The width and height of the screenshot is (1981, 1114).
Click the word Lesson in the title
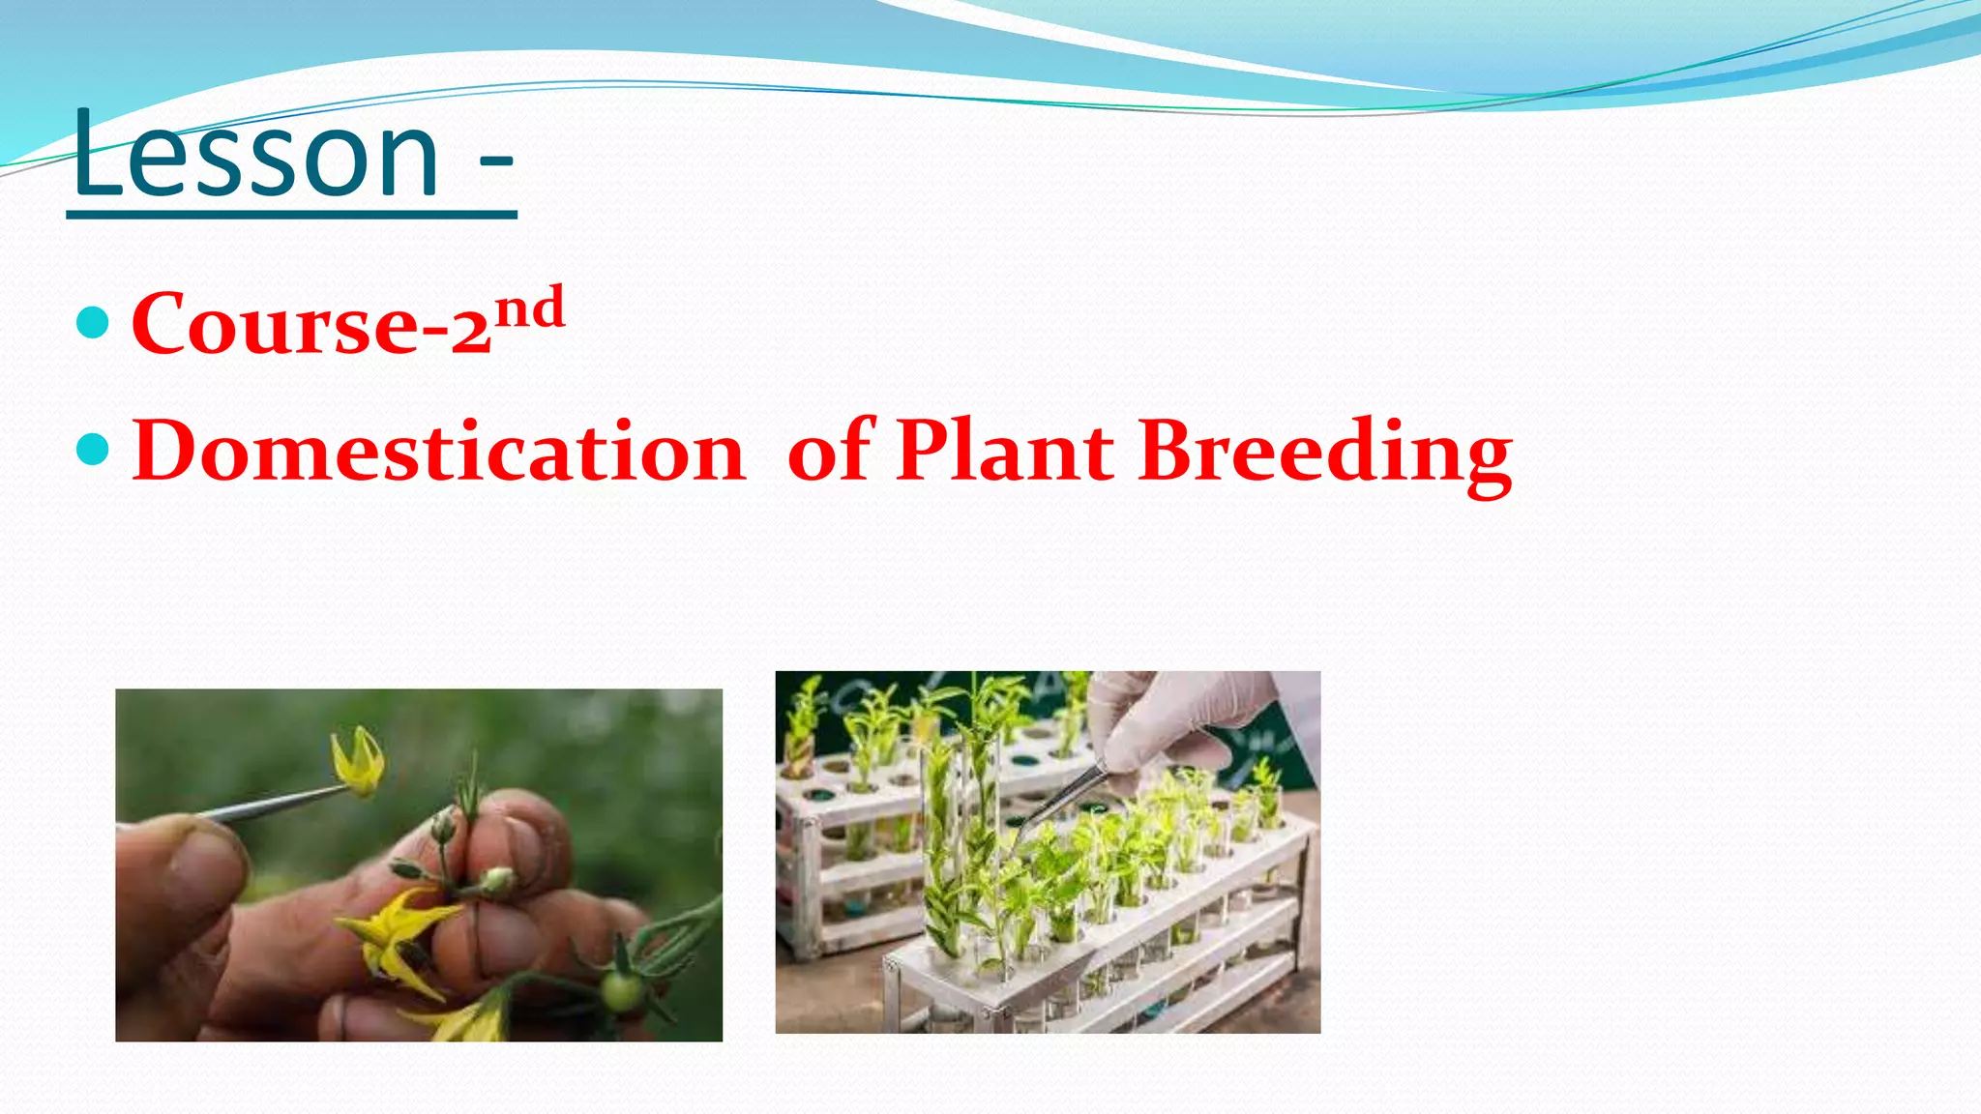click(256, 155)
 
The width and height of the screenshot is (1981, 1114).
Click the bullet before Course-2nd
click(92, 322)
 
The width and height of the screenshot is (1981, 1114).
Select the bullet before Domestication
click(92, 450)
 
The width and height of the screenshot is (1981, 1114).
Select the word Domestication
click(438, 452)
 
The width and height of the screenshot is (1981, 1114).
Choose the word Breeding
click(1325, 452)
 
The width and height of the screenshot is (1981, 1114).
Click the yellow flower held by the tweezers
click(359, 764)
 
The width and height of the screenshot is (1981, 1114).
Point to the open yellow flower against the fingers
click(397, 933)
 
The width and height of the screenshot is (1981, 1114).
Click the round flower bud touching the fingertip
click(498, 879)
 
